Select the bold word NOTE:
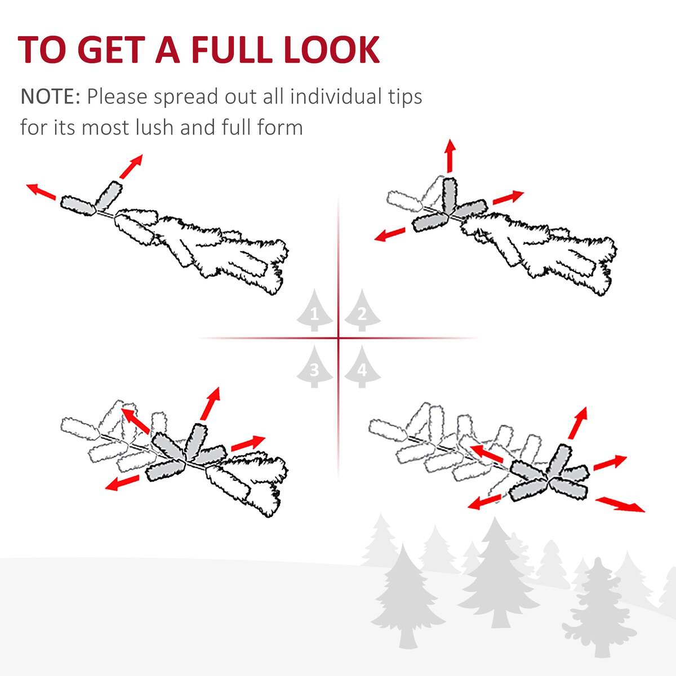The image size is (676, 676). pyautogui.click(x=51, y=96)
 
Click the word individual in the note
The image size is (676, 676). pyautogui.click(x=335, y=96)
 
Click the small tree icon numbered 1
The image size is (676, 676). pyautogui.click(x=314, y=310)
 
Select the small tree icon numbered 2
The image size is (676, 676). pyautogui.click(x=362, y=310)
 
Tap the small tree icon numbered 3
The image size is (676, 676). pyautogui.click(x=314, y=367)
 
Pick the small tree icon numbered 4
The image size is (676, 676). pyautogui.click(x=362, y=367)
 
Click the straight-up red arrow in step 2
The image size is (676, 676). pyautogui.click(x=450, y=155)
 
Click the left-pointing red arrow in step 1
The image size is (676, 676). pyautogui.click(x=41, y=192)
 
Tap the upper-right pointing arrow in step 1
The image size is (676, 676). pyautogui.click(x=131, y=166)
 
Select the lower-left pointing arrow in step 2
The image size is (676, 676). pyautogui.click(x=390, y=234)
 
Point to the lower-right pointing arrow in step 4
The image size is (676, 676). pyautogui.click(x=620, y=504)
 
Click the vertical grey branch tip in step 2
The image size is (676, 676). pyautogui.click(x=450, y=195)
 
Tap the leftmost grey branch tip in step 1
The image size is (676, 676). pyautogui.click(x=78, y=206)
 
